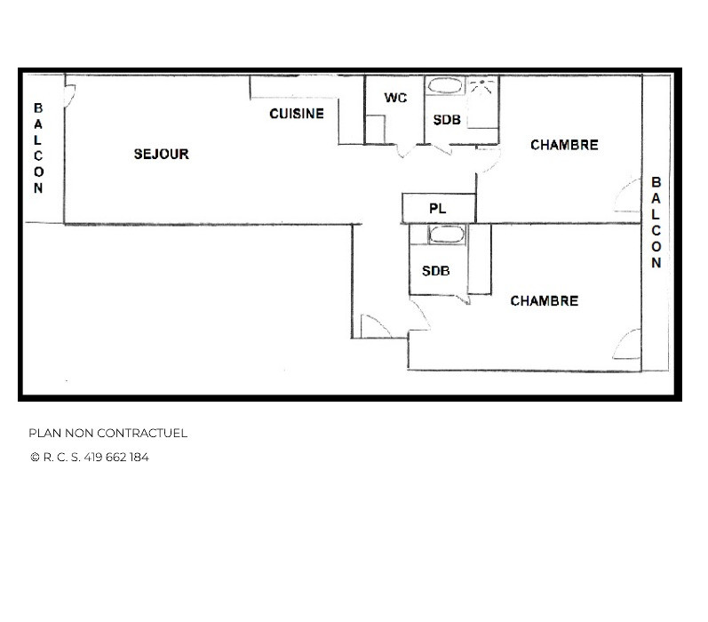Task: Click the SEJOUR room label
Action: tap(161, 154)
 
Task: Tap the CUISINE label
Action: tap(297, 114)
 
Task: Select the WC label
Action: tap(395, 98)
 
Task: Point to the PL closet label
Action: tap(437, 209)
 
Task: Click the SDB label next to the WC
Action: tap(447, 119)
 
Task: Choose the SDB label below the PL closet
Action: tap(435, 271)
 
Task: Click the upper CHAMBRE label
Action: tap(564, 145)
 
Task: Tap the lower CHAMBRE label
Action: tap(544, 301)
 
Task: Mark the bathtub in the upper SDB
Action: tap(444, 87)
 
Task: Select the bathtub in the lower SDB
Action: tap(446, 235)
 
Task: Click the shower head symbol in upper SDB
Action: tap(482, 87)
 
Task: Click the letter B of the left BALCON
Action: tap(38, 108)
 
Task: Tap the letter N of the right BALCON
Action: tap(656, 263)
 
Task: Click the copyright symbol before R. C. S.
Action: tap(35, 458)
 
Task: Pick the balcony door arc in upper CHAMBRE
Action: tap(627, 196)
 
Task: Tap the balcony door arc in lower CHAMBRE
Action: tap(627, 345)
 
